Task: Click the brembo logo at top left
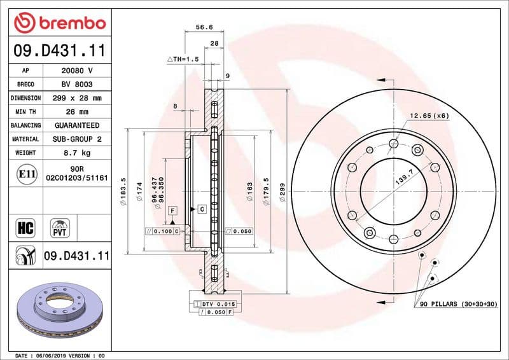coord(59,23)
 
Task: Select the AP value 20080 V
coord(77,71)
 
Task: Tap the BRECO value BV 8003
coord(77,85)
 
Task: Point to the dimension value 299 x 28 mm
coord(77,99)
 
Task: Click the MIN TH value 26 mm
coord(77,112)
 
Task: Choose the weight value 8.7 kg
coord(77,153)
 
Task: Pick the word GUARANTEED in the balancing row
coord(77,125)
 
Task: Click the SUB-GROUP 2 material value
coord(77,139)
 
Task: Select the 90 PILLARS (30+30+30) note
coord(458,305)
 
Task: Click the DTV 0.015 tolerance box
coord(215,305)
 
